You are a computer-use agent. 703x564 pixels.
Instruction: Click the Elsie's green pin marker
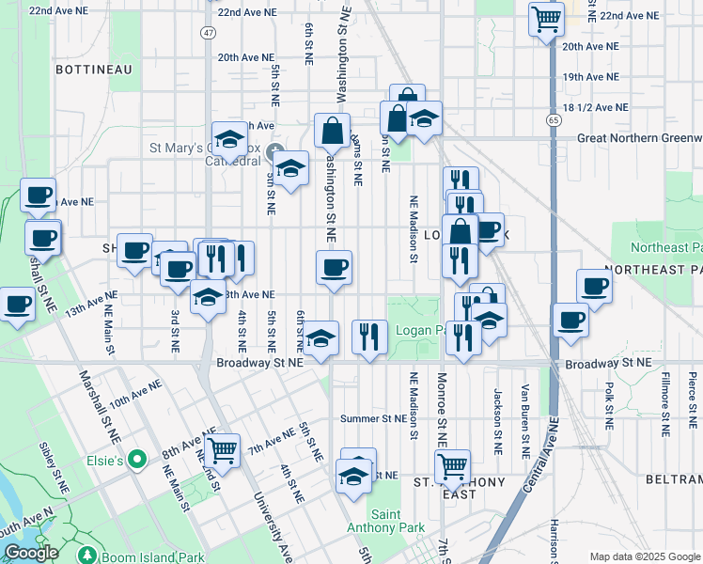point(138,461)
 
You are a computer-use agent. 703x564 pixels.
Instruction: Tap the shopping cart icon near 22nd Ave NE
point(546,18)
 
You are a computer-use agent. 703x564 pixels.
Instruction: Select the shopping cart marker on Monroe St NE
point(453,465)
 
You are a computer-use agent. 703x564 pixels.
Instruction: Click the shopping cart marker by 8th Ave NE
point(223,450)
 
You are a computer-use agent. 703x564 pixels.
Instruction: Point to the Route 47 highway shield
point(208,32)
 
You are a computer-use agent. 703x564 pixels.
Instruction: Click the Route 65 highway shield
point(552,119)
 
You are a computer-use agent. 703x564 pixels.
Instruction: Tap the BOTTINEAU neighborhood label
point(93,70)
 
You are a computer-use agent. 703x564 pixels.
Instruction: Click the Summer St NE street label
point(374,418)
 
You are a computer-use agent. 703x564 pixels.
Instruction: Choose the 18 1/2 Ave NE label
point(596,107)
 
